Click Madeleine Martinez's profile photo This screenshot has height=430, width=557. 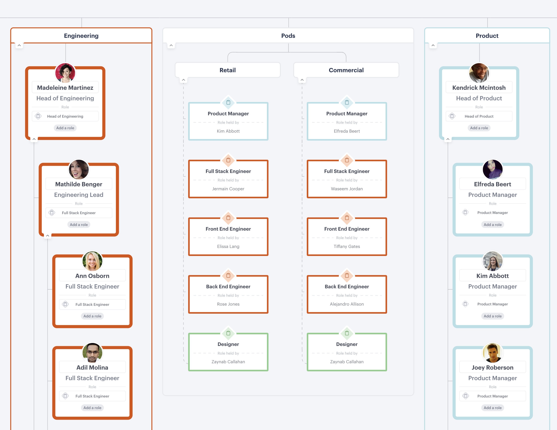coord(65,73)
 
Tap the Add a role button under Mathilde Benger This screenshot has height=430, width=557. coord(79,225)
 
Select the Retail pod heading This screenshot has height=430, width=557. coord(228,70)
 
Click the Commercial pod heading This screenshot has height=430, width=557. coord(346,70)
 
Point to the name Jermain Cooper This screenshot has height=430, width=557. coord(228,189)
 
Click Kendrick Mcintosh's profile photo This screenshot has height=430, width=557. coord(479,73)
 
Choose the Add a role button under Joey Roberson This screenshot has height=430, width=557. coord(493,408)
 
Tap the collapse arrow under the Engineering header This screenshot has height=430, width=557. coord(19,45)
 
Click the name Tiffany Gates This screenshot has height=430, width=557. coord(347,246)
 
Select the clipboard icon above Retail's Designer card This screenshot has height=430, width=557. coord(228,333)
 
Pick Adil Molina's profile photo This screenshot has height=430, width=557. coord(92,352)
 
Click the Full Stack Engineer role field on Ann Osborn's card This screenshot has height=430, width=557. coord(92,304)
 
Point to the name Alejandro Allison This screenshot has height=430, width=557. coord(347,304)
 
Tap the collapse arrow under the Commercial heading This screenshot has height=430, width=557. coord(302,80)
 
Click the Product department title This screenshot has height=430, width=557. coord(487,36)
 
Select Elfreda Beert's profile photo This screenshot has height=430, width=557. coord(493,169)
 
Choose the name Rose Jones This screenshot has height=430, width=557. coord(228,304)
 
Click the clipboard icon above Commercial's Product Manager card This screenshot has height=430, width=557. coord(347,102)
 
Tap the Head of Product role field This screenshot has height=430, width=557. coord(479,116)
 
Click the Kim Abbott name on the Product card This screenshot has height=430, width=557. coord(493,276)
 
